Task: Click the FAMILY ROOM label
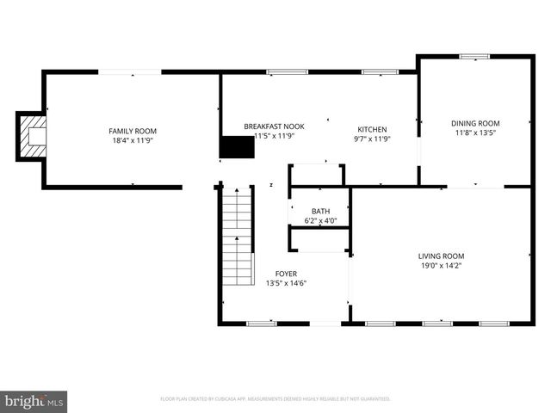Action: pyautogui.click(x=133, y=131)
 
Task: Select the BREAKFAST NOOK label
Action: pyautogui.click(x=274, y=126)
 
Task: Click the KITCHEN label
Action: pyautogui.click(x=372, y=130)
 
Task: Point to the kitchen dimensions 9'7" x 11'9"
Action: pyautogui.click(x=372, y=139)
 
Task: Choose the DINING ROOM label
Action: pyautogui.click(x=475, y=123)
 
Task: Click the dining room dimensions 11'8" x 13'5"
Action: pyautogui.click(x=475, y=133)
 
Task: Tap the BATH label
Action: pyautogui.click(x=320, y=211)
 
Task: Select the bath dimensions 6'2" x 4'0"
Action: pyautogui.click(x=320, y=220)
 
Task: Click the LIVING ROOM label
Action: pyautogui.click(x=441, y=256)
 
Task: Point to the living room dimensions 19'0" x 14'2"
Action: pyautogui.click(x=441, y=265)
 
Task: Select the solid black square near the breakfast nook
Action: pyautogui.click(x=238, y=147)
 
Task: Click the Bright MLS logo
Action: pyautogui.click(x=34, y=400)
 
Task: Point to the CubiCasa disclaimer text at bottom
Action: pyautogui.click(x=275, y=399)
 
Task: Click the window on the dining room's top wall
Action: pyautogui.click(x=474, y=57)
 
